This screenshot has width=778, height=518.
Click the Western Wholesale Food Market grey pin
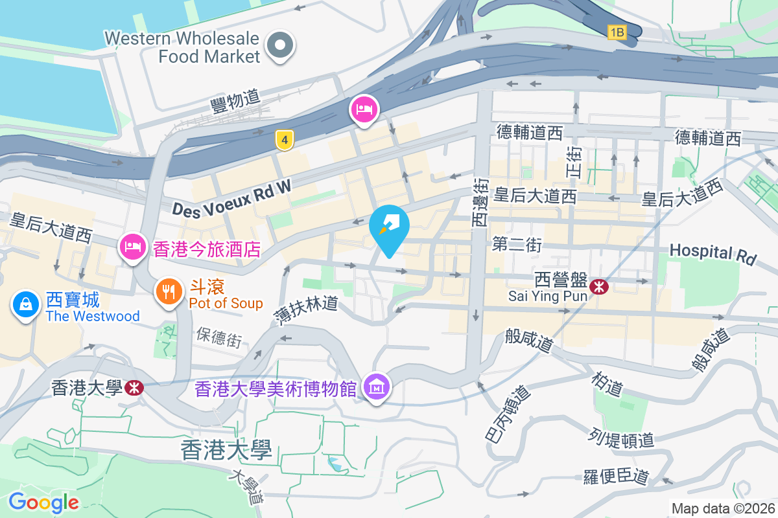coord(281,47)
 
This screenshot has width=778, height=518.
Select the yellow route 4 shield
coord(283,140)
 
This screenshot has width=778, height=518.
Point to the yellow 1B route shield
coord(617,32)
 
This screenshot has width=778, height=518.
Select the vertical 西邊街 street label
coord(480,203)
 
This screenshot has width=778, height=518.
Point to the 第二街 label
coord(517,245)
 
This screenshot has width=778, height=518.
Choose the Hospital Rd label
coord(713,253)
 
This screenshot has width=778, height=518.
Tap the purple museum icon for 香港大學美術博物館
coord(377,387)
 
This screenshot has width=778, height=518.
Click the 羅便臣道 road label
coord(615,477)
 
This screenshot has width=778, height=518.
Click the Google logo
coord(43,502)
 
